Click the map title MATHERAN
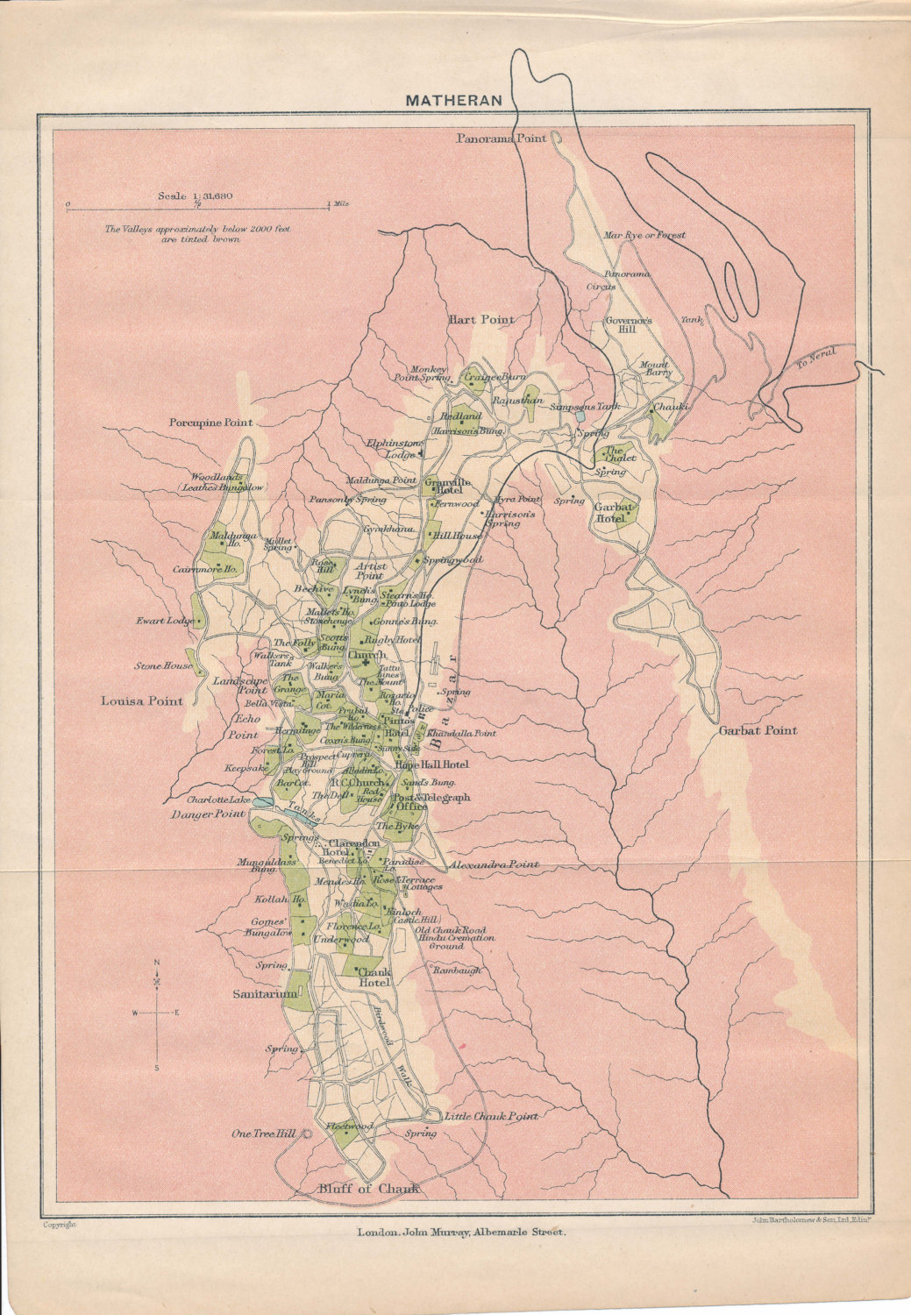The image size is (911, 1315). click(x=453, y=100)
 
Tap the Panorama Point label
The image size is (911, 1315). click(x=502, y=139)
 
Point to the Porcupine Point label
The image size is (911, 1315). click(x=210, y=423)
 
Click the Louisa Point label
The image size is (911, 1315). click(x=142, y=700)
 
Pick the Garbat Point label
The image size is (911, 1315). click(x=758, y=730)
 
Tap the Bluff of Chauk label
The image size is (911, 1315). click(x=363, y=1189)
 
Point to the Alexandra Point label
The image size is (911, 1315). click(x=494, y=864)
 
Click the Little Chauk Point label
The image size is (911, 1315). click(x=490, y=1117)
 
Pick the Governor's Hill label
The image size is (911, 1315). click(x=629, y=326)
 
